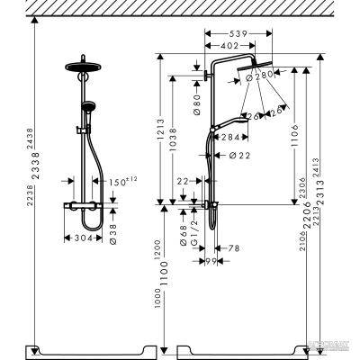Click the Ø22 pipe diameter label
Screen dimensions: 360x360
click(x=239, y=157)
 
